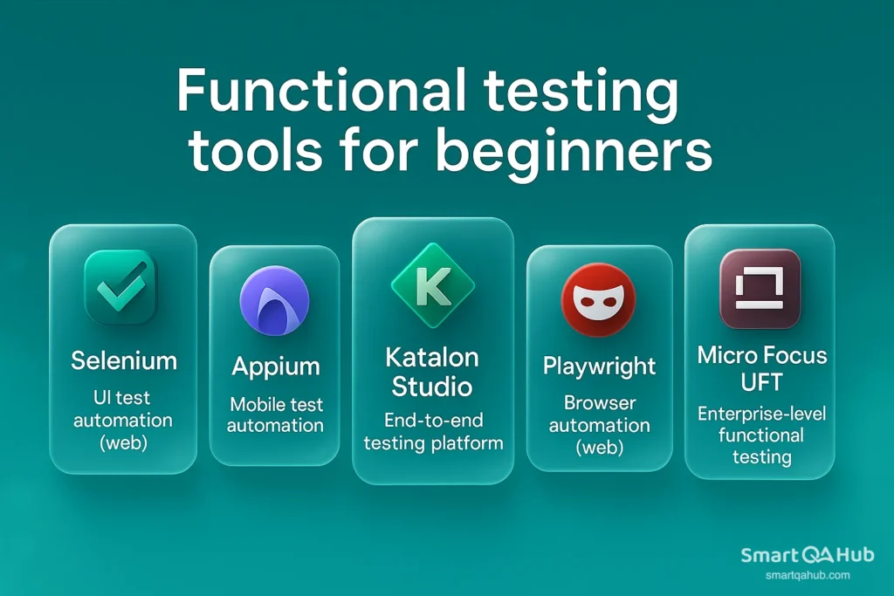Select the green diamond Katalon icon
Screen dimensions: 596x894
coord(432,285)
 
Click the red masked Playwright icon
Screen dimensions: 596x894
coord(599,299)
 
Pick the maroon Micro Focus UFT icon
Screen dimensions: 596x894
coord(759,289)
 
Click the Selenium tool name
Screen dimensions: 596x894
coord(123,360)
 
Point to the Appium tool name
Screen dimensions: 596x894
coord(274,367)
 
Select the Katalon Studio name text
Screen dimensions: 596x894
coord(432,372)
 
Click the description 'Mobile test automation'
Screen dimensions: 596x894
coord(276,415)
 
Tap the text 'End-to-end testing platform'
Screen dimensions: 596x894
coord(433,432)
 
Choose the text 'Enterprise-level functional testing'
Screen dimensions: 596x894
coord(760,435)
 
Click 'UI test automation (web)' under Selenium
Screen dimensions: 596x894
coord(123,420)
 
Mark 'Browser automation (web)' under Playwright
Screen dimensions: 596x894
coord(599,426)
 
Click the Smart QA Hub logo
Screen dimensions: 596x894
coord(807,555)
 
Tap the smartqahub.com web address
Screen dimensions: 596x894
coord(807,576)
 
